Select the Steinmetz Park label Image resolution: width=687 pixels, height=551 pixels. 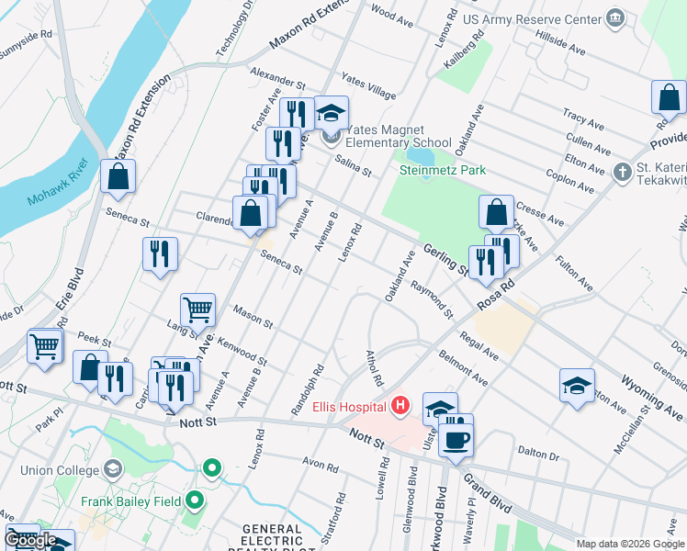[442, 171]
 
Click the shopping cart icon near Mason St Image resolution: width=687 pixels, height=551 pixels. [197, 310]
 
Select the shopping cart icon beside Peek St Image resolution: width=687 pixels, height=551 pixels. [44, 346]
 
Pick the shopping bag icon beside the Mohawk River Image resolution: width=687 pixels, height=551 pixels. [118, 176]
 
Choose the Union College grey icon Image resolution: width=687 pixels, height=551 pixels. [112, 469]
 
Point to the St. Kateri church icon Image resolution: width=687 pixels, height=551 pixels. [622, 172]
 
